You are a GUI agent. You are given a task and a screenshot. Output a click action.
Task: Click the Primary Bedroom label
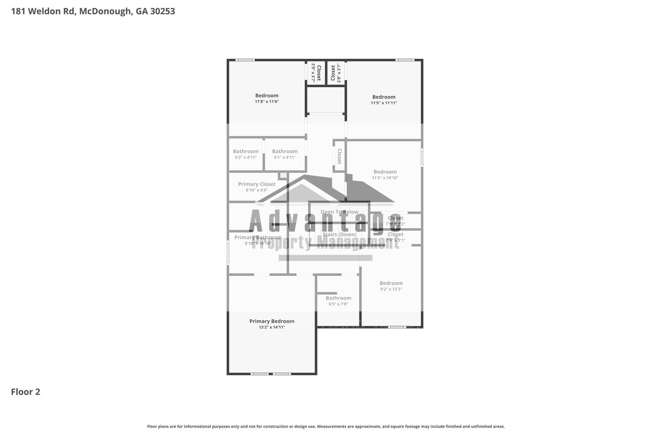(272, 321)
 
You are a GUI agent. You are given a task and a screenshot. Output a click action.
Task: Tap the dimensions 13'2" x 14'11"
(272, 327)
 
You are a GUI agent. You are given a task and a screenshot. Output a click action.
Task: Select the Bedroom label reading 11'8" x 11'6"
(267, 96)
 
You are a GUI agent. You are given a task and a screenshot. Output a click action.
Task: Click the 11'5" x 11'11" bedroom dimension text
(384, 103)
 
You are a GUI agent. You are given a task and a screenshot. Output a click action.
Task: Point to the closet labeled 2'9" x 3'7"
(316, 73)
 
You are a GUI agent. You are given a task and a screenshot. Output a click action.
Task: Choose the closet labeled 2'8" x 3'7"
(335, 73)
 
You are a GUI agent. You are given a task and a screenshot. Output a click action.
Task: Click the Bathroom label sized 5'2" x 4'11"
(246, 151)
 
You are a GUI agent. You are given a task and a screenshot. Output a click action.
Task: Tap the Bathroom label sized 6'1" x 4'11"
(285, 151)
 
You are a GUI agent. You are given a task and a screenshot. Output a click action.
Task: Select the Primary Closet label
(257, 184)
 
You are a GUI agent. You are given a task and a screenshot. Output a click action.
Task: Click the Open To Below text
(339, 212)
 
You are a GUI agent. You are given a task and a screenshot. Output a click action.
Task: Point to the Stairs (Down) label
(339, 234)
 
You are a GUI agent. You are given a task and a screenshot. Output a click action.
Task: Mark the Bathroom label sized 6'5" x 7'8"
(338, 298)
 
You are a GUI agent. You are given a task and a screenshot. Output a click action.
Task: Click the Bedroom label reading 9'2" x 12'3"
(391, 283)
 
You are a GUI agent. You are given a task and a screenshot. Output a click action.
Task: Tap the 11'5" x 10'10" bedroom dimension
(385, 178)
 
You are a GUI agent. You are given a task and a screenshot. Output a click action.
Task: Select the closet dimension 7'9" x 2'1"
(395, 241)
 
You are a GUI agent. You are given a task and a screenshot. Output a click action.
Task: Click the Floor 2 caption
(25, 392)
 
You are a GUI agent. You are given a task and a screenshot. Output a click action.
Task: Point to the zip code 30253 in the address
(163, 11)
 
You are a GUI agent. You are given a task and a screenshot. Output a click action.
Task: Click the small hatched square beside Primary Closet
(283, 176)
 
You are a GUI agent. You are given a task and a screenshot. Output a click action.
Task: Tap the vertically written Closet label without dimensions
(339, 156)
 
